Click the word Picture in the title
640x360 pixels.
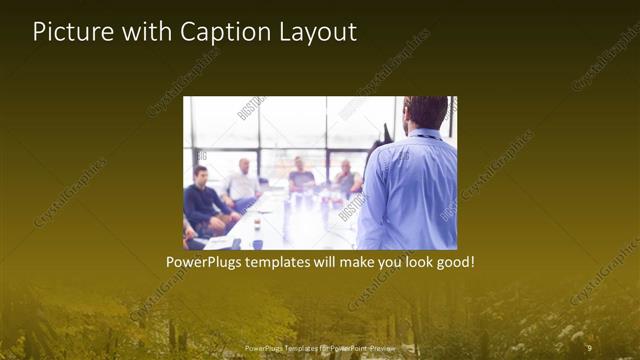click(x=67, y=32)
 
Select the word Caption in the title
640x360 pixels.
click(x=219, y=32)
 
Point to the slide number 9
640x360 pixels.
click(x=589, y=346)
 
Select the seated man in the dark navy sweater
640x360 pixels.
click(x=204, y=199)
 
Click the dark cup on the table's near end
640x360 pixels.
click(x=257, y=243)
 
